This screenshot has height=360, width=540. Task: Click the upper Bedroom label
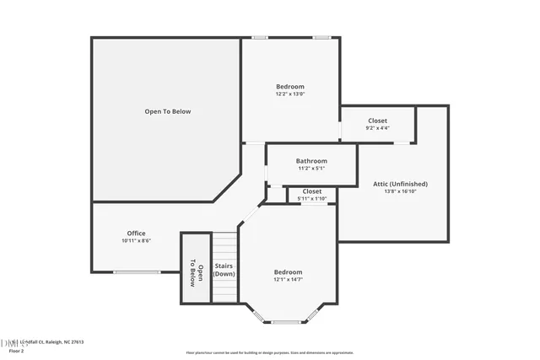click(290, 87)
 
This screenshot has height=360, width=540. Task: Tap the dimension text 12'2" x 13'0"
click(290, 94)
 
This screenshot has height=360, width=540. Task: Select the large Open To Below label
click(168, 111)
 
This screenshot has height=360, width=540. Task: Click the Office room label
click(136, 234)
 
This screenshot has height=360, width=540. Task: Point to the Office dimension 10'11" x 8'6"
click(136, 241)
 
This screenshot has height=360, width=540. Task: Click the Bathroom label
click(311, 161)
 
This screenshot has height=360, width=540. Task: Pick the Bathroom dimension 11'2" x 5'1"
click(311, 169)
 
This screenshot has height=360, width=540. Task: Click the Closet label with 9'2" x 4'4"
click(377, 121)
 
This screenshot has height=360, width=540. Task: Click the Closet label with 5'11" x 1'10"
click(312, 191)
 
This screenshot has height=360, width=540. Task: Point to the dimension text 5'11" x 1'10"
click(312, 198)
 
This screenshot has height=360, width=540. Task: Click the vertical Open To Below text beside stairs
click(196, 269)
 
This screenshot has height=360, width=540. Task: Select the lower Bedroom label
click(288, 272)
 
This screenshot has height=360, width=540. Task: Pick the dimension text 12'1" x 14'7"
click(288, 280)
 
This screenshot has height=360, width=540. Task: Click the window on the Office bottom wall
click(137, 271)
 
